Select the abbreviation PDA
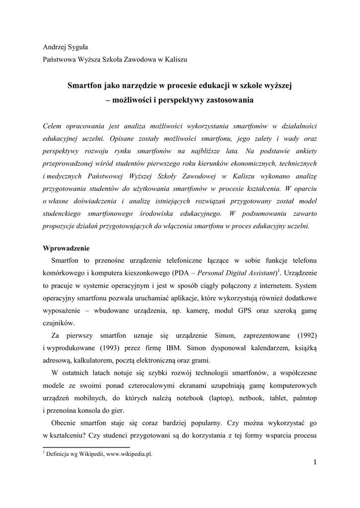click(x=180, y=273)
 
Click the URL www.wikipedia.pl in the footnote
click(x=128, y=454)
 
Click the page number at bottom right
click(x=314, y=463)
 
